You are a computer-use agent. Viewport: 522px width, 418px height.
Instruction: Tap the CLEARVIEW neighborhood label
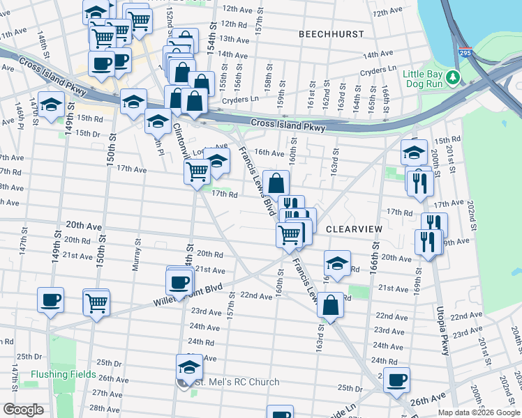pos(353,229)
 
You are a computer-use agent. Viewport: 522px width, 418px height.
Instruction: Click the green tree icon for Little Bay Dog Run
pos(454,77)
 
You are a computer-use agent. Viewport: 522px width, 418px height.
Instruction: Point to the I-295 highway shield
pos(464,52)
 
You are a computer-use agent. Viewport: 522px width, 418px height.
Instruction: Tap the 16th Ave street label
pos(269,153)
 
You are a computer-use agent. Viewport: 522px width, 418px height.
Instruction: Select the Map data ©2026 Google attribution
pos(479,412)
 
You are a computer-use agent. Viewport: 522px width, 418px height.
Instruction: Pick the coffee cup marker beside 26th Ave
pos(397,380)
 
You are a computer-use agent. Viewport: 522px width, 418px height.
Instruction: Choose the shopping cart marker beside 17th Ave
pos(197,170)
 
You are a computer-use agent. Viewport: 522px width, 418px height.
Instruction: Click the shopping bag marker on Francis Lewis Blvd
pos(276,183)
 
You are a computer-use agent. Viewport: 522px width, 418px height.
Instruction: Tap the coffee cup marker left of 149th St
pos(51,301)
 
